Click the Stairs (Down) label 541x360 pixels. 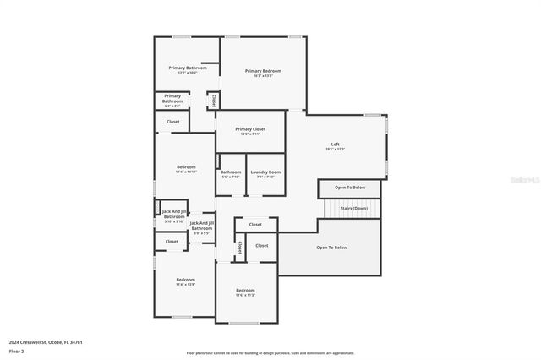coord(353,208)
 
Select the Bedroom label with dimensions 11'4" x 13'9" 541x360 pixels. coord(185,281)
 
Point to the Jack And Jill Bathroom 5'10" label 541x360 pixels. coord(173,215)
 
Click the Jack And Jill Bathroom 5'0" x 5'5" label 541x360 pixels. coord(201,226)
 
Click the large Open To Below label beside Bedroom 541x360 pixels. coord(331,248)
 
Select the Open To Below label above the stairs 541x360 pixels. coord(350,188)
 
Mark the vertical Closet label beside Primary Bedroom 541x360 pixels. coord(214,100)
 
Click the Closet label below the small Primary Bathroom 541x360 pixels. coord(172,122)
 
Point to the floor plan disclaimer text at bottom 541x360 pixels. coord(270,353)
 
